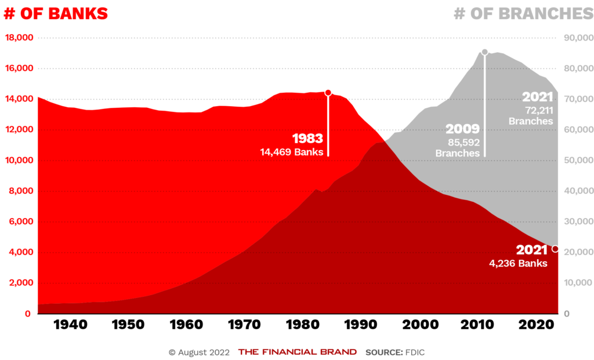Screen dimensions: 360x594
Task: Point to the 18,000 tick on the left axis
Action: (19, 38)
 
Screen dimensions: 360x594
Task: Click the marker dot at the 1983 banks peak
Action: (328, 93)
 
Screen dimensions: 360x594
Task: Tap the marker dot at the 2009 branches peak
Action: (485, 52)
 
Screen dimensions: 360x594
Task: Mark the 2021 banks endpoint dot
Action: (555, 249)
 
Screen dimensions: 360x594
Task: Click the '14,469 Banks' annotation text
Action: (292, 152)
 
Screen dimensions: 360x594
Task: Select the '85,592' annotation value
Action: (462, 142)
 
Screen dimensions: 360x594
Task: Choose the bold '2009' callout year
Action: (462, 129)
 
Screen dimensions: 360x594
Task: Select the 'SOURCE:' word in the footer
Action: (383, 352)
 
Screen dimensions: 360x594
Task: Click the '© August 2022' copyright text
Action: (199, 352)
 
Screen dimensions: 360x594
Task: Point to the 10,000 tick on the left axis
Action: (19, 161)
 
